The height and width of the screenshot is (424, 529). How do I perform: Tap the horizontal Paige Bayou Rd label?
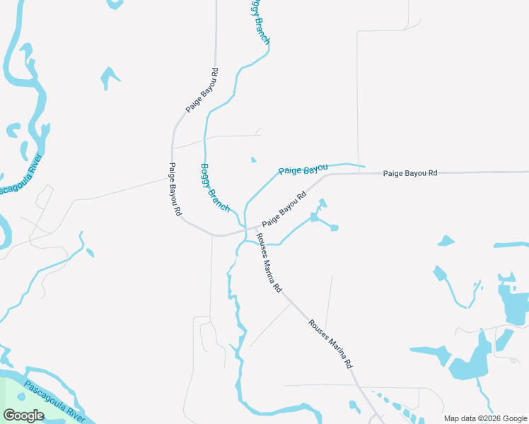[410, 173]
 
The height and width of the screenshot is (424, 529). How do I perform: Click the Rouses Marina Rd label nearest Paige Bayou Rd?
[269, 263]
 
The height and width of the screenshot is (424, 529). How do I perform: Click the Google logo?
[23, 416]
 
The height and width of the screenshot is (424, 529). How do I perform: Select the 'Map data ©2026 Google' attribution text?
[485, 418]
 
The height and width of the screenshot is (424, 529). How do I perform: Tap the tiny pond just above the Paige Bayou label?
[253, 160]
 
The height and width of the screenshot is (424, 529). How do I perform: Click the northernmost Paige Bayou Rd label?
[202, 90]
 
